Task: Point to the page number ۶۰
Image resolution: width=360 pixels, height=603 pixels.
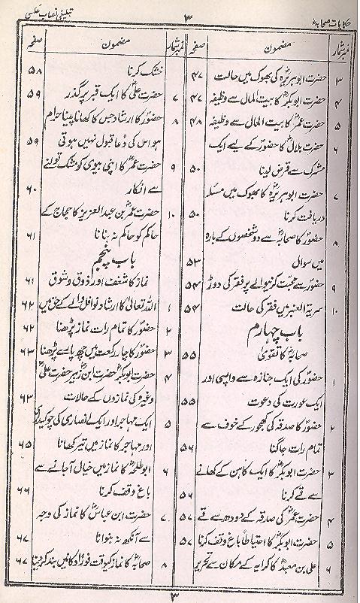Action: point(32,193)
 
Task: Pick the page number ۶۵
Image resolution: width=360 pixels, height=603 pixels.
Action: point(32,444)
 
